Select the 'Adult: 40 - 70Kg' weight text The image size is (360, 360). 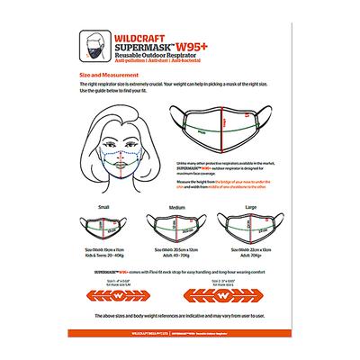coord(177,252)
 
